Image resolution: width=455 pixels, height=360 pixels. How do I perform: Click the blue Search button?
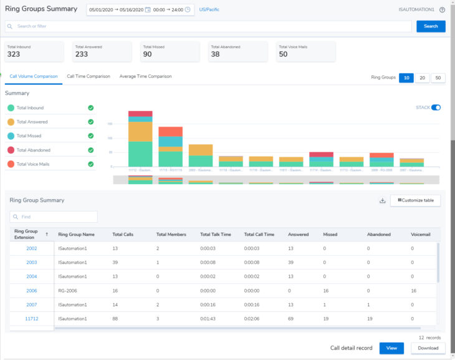pos(431,26)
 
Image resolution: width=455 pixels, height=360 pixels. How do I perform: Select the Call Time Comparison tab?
pos(89,76)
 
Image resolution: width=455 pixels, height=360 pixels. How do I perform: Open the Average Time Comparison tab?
pos(145,76)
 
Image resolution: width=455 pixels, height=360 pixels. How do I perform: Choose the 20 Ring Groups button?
pos(423,77)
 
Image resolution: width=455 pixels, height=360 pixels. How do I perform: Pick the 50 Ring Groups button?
pos(438,77)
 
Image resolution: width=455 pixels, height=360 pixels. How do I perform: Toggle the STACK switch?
pos(436,107)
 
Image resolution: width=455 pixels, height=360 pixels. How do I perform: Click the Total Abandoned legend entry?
pos(34,150)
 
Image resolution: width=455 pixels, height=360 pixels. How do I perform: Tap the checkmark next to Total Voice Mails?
pos(91,164)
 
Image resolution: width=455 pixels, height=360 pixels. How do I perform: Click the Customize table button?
pos(416,200)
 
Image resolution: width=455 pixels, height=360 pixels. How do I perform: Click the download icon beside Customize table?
pos(382,200)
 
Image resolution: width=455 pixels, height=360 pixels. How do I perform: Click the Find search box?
pos(54,216)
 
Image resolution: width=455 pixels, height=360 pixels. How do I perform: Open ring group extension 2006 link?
pos(32,290)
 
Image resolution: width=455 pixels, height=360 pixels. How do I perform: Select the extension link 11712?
pos(32,318)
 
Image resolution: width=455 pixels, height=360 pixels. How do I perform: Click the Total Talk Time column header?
pos(216,234)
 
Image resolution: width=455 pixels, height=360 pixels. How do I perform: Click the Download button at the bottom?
pos(428,348)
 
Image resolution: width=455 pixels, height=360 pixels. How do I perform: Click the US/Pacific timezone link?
pos(209,9)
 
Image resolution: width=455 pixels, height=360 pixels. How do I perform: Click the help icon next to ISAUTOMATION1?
pos(442,9)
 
